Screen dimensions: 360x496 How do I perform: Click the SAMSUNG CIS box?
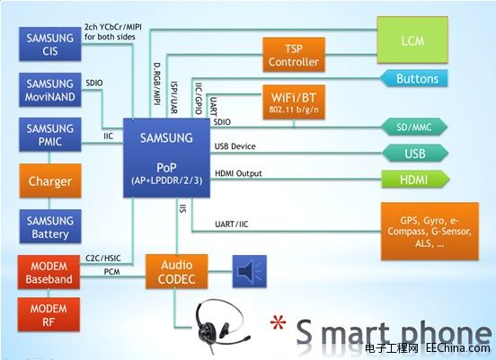(50, 46)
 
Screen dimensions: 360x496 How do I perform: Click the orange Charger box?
(50, 180)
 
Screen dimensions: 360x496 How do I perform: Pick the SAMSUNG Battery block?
(50, 227)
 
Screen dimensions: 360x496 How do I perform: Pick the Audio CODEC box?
(176, 273)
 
